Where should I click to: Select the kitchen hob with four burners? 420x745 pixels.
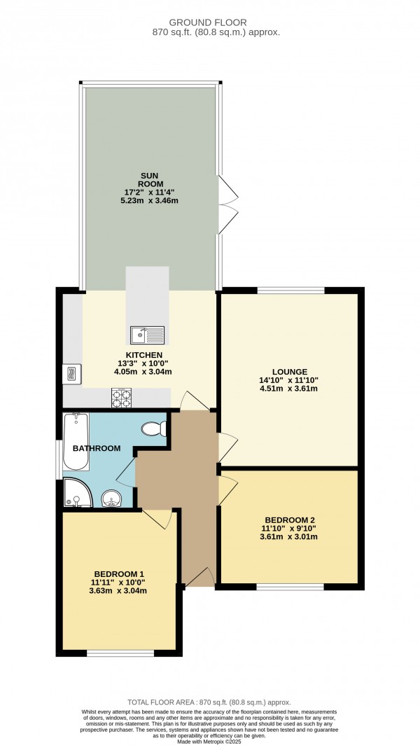pos(121,398)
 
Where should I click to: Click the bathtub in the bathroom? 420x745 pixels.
pos(75,443)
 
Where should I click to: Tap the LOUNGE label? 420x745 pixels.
pos(289,371)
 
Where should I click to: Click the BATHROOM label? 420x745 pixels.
pos(97,448)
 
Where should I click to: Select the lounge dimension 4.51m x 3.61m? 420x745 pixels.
pos(289,389)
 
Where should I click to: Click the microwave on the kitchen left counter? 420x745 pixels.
pos(72,374)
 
